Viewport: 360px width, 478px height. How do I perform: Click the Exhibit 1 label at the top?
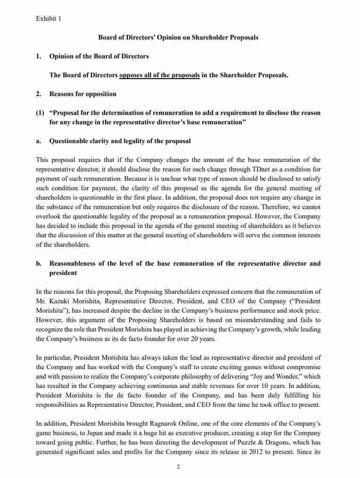pyautogui.click(x=49, y=19)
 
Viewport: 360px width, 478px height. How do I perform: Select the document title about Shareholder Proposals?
pyautogui.click(x=178, y=37)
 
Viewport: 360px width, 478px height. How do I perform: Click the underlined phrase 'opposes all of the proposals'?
pyautogui.click(x=159, y=75)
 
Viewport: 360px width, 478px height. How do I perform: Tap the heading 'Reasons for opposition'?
pyautogui.click(x=82, y=94)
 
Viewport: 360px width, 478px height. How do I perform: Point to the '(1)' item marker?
pyautogui.click(x=41, y=113)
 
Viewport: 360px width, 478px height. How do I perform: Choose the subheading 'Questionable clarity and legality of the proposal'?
pyautogui.click(x=120, y=141)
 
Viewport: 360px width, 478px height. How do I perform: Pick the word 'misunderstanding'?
pyautogui.click(x=242, y=320)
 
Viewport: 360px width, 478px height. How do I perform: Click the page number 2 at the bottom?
pyautogui.click(x=178, y=467)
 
